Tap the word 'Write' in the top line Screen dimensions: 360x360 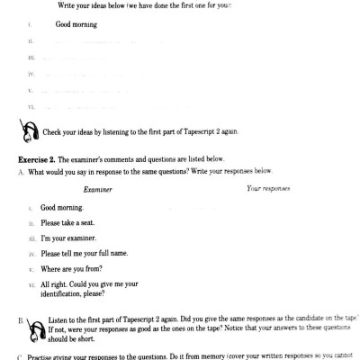67,5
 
